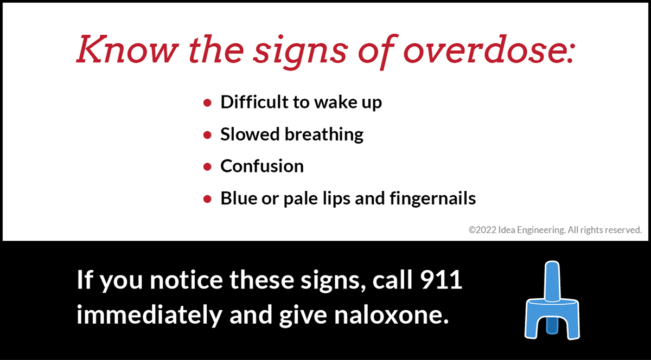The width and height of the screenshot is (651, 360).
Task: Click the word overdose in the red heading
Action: pos(489,50)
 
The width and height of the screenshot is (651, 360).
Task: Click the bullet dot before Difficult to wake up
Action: pos(207,102)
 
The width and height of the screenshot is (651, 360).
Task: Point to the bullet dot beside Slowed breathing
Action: pos(207,135)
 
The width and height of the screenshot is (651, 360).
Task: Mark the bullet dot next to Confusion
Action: pos(207,167)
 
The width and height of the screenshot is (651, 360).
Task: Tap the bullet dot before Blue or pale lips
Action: pos(207,199)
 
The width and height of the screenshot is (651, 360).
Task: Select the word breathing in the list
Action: pos(324,135)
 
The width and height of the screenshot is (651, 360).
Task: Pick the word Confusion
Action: pos(262,166)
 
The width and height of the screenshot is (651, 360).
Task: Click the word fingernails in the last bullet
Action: pos(432,199)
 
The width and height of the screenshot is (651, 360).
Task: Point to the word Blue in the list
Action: pos(239,198)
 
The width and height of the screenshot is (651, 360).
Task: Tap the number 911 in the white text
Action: pos(441,280)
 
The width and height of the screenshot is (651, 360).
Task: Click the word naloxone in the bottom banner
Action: pos(392,314)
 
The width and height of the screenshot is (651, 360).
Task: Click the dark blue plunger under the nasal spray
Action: pos(552,326)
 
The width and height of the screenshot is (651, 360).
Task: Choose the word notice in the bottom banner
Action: pos(186,280)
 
